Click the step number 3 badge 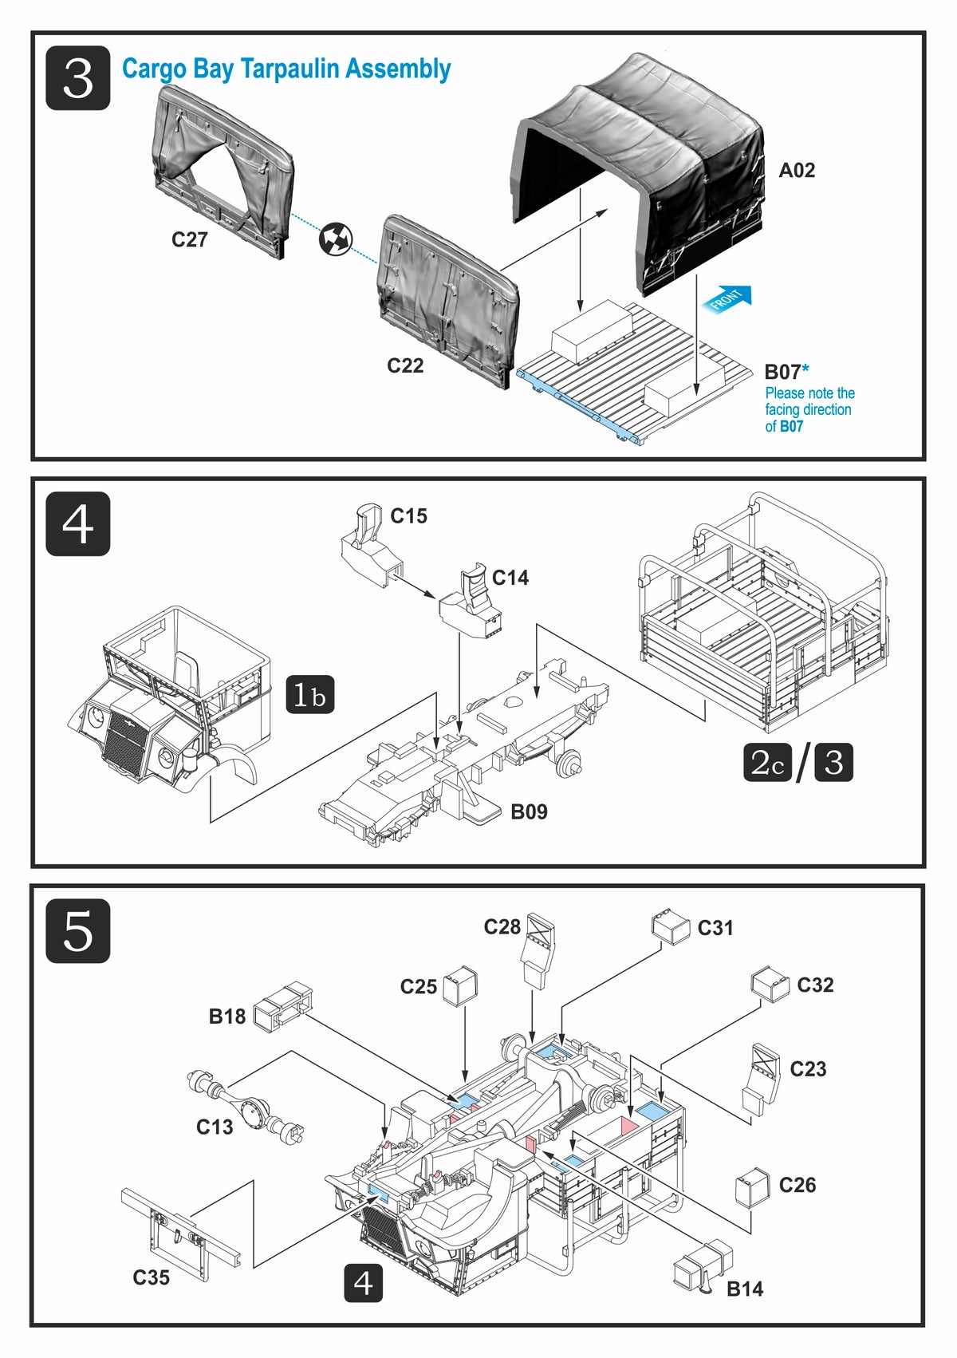[x=77, y=78]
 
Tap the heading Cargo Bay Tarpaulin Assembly [x=286, y=69]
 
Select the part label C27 [x=190, y=239]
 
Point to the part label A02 [x=797, y=170]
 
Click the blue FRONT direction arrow [x=727, y=299]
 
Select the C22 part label [x=405, y=365]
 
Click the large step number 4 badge [x=77, y=524]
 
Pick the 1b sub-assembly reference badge [x=309, y=695]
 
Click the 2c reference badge [x=767, y=762]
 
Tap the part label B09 [x=529, y=811]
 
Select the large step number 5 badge [x=77, y=930]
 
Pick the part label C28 [x=502, y=926]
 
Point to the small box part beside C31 [x=670, y=926]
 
